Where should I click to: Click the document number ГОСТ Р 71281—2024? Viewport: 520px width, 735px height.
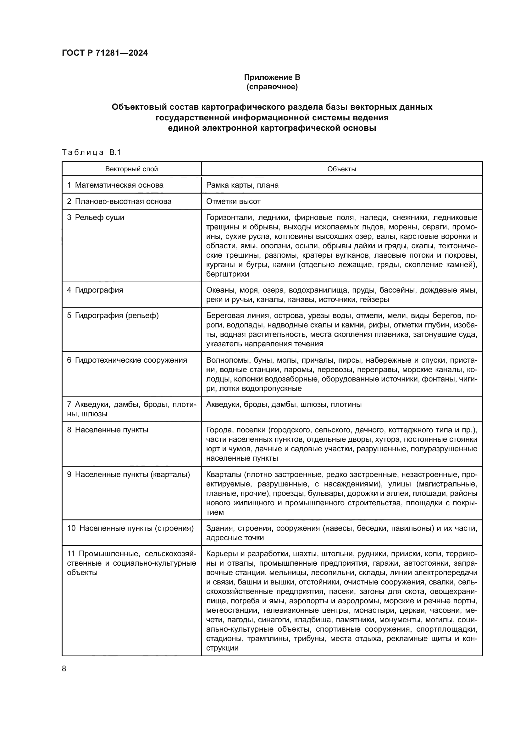105,53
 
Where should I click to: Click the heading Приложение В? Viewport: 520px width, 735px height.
272,77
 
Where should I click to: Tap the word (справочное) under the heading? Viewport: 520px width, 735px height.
272,87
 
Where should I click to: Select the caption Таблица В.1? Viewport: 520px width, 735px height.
91,152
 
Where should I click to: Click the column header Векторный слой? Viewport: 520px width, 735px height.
131,169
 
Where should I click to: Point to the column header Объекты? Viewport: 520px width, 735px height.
341,169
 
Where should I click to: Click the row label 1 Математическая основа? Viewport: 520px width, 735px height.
115,185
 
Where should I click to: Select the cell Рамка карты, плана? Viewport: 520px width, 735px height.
242,185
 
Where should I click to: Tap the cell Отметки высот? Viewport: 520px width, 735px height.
233,201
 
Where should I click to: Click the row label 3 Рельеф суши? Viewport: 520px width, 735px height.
96,217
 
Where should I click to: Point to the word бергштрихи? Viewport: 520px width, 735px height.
227,274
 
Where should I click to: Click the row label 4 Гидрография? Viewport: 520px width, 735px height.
95,290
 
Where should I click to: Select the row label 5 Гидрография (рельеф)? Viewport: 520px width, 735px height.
113,315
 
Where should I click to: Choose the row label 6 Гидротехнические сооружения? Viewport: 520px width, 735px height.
127,360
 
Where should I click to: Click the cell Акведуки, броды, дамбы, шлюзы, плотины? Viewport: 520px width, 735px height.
284,404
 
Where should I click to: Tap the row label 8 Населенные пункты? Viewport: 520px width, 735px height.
108,430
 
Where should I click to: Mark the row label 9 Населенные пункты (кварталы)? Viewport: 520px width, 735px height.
128,474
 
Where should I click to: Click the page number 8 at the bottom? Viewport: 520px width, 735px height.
64,669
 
